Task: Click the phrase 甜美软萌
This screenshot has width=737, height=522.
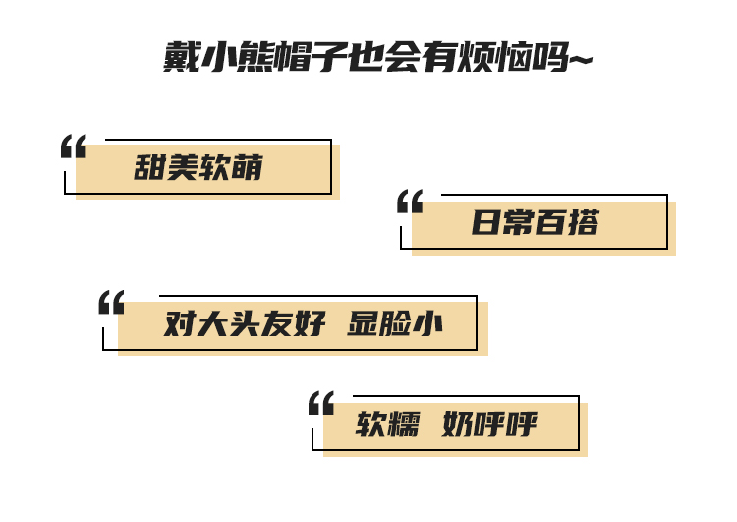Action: click(198, 168)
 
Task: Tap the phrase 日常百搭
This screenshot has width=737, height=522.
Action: click(535, 223)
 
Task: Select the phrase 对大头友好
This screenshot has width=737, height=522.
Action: click(244, 323)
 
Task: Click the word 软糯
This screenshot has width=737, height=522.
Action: click(387, 425)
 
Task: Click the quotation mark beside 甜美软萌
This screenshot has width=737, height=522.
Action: click(74, 146)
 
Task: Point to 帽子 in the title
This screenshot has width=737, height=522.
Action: click(315, 58)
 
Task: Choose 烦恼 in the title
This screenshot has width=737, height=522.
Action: click(501, 58)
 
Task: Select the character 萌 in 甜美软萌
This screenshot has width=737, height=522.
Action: click(249, 168)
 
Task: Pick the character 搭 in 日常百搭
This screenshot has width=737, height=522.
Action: click(583, 223)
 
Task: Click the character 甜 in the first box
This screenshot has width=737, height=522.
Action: click(149, 168)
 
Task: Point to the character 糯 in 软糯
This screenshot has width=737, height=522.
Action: click(404, 425)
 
